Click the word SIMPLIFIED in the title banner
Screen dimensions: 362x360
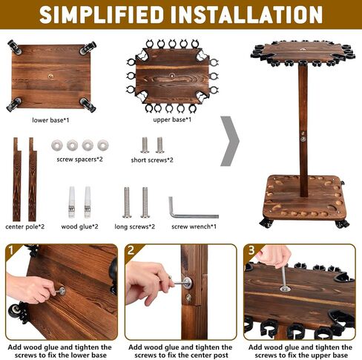coord(102,15)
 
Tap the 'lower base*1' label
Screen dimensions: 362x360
coord(50,120)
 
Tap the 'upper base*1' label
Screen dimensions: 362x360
coord(172,120)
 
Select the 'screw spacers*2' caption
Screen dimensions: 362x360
coord(79,160)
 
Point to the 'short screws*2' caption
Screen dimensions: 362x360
coord(152,160)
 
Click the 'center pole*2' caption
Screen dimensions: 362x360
coord(25,226)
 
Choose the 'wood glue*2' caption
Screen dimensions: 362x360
coord(79,226)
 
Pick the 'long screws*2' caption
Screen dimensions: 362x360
coord(135,226)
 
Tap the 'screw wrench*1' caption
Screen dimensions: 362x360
coord(194,226)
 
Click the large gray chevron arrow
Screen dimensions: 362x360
coord(230,141)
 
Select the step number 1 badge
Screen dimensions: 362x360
coord(10,250)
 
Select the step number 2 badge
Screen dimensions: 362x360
coord(131,250)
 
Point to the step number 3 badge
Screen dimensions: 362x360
coord(251,250)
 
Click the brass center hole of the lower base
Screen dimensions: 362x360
coord(50,76)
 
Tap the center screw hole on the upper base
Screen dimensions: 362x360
coord(172,75)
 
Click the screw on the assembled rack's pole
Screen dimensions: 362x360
coord(303,139)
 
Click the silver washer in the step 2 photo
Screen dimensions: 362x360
coord(187,283)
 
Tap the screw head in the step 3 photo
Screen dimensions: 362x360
coord(285,289)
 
